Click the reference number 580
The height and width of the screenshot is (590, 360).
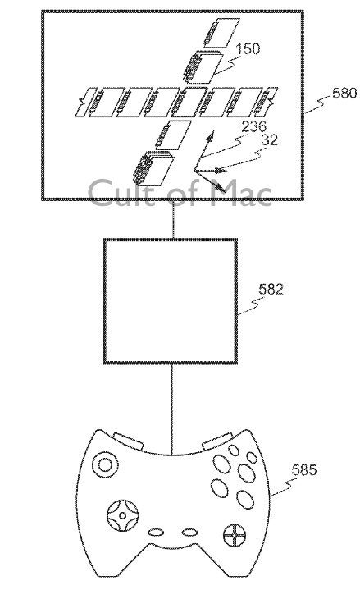coord(344,93)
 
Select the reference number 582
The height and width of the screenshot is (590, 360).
coord(271,289)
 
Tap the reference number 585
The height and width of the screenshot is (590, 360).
coord(304,470)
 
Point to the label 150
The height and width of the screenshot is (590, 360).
coord(248,48)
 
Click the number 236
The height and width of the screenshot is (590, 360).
coord(253,127)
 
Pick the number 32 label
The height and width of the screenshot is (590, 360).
coord(269,140)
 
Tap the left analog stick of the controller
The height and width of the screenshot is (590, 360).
coord(106,465)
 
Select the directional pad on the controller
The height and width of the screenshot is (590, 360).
coord(122,515)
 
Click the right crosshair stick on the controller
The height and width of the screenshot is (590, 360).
coord(234,535)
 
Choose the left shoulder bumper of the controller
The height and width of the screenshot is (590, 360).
coord(128,441)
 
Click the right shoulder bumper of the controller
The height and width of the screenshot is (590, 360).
coord(217,441)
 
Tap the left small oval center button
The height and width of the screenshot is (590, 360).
coord(156,533)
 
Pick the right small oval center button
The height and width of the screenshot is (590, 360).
coord(190,533)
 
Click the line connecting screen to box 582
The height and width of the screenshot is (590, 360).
coord(173,219)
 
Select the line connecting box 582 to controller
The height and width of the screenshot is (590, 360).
coord(172,409)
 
